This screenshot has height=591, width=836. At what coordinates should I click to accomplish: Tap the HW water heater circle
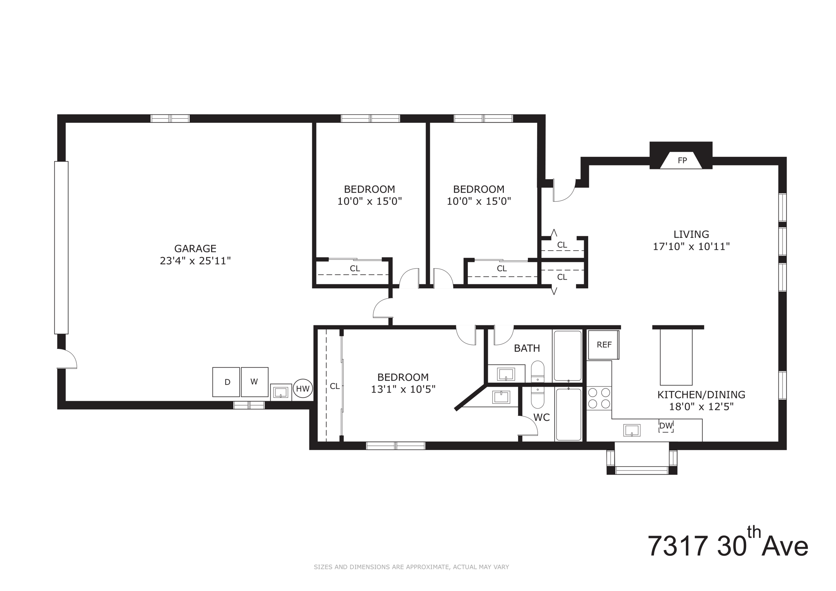pyautogui.click(x=302, y=389)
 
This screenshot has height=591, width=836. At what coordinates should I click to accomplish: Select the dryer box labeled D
pyautogui.click(x=226, y=382)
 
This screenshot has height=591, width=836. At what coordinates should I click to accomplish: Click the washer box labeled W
pyautogui.click(x=254, y=382)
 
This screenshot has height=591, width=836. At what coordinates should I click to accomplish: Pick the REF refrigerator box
pyautogui.click(x=604, y=345)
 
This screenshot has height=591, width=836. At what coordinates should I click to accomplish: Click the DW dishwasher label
pyautogui.click(x=666, y=426)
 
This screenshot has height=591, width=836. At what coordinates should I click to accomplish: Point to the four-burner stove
pyautogui.click(x=599, y=398)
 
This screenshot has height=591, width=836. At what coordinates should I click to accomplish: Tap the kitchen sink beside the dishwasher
pyautogui.click(x=631, y=430)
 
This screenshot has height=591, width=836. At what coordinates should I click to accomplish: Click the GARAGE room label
pyautogui.click(x=195, y=249)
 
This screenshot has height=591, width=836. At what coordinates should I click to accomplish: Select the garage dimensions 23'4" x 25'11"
pyautogui.click(x=195, y=261)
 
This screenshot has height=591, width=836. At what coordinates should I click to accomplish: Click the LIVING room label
pyautogui.click(x=691, y=234)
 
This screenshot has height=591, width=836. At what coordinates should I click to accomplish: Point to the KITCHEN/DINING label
pyautogui.click(x=701, y=395)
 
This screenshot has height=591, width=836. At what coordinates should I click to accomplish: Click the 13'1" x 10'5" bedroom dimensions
pyautogui.click(x=403, y=389)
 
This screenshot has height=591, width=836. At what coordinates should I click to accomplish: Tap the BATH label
pyautogui.click(x=527, y=348)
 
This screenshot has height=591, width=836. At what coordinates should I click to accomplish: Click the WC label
pyautogui.click(x=541, y=418)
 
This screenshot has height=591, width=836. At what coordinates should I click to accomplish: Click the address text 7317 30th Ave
pyautogui.click(x=728, y=546)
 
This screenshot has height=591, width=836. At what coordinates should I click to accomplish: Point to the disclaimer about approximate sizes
pyautogui.click(x=411, y=567)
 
